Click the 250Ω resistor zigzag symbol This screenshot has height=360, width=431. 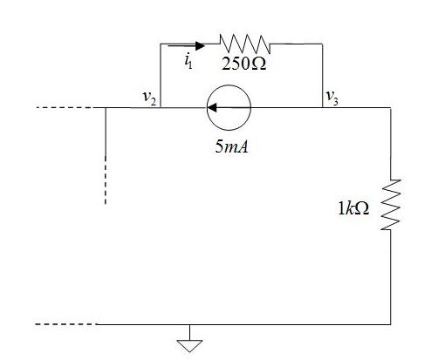[246, 42]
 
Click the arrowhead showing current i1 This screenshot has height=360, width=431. [201, 42]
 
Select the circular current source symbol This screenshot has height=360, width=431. [229, 109]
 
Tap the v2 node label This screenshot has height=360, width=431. [149, 98]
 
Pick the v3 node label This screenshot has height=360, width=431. [332, 98]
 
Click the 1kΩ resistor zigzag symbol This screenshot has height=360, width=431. [391, 206]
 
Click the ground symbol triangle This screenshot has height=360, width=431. [188, 343]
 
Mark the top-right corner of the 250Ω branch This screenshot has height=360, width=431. [323, 42]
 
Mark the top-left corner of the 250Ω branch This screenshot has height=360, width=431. [161, 42]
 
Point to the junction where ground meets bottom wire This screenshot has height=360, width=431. [188, 324]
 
